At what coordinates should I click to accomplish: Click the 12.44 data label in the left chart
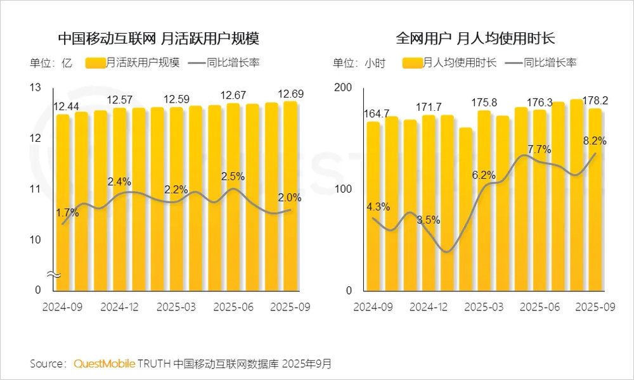(x=66, y=106)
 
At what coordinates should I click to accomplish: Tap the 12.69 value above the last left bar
(x=290, y=94)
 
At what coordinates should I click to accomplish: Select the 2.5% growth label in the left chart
(x=233, y=175)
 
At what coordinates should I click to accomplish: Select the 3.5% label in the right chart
(x=428, y=220)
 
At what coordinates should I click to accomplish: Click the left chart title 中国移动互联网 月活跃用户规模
(x=158, y=39)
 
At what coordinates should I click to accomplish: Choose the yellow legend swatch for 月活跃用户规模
(x=95, y=63)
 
